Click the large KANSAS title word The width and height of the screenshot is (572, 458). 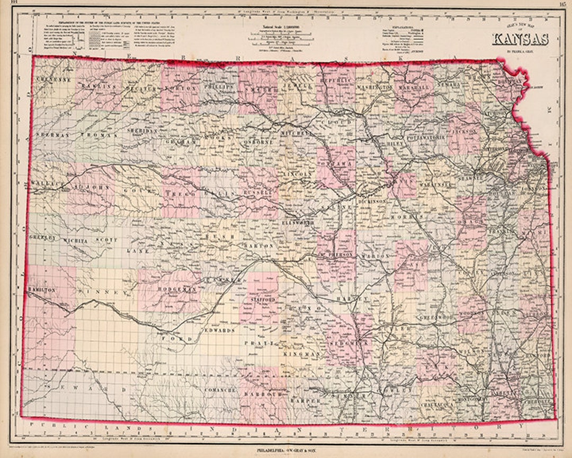pos(520,40)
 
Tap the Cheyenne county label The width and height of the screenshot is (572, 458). pos(53,80)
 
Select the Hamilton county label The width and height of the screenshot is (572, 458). pos(40,290)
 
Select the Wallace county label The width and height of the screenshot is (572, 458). pos(47,183)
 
